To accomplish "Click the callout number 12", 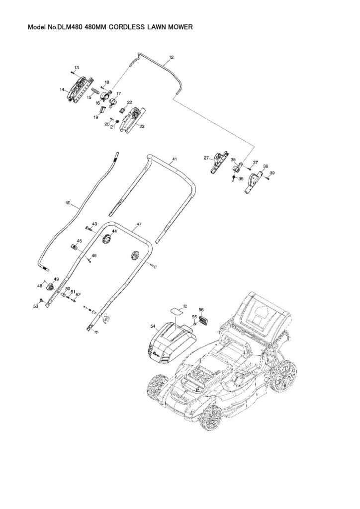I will [171, 57].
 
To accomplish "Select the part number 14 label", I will [62, 90].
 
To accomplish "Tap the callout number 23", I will [142, 127].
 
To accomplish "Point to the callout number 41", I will [175, 160].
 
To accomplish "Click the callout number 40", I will [68, 203].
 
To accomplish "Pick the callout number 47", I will [139, 225].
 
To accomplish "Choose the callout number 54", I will [153, 326].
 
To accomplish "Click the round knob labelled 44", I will [105, 241].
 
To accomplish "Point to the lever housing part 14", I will [80, 90].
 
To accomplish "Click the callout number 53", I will [35, 307].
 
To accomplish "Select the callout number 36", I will [241, 178].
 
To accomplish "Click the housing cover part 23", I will [132, 120].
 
